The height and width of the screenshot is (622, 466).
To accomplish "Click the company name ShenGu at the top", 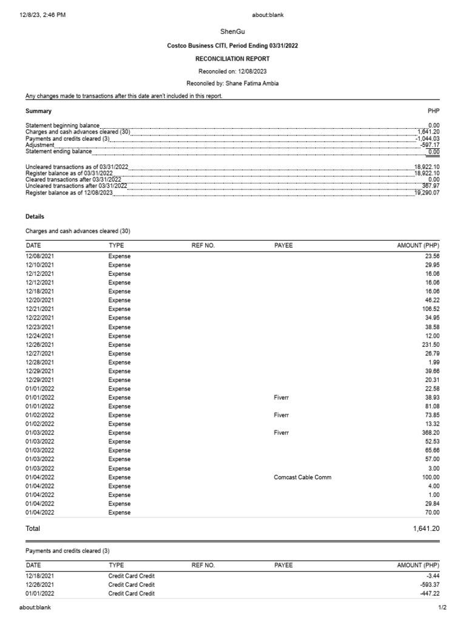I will coord(232,31).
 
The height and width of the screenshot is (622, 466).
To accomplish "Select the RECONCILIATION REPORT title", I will coord(232,59).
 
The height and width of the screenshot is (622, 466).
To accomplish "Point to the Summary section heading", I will coord(38,111).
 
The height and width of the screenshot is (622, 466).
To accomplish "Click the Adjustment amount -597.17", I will coord(428,145).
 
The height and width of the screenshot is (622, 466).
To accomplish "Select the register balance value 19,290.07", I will coord(427,193).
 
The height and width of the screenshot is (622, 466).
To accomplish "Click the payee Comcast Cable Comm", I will coord(303,477).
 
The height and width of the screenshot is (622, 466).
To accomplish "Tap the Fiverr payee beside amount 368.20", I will coord(282,433).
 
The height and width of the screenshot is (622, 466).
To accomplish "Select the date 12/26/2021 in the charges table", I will coord(39,344).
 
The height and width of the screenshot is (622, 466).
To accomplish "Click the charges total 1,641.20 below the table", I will coord(426,529).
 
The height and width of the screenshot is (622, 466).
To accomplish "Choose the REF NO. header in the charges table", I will coord(203,245).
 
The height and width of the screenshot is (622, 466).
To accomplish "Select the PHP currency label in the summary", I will coord(433,111).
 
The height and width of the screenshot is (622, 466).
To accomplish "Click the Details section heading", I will coord(35,216).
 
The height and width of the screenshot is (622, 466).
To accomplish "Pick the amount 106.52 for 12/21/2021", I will coord(429,309).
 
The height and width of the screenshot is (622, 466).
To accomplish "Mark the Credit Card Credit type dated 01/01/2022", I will coord(131,593).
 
